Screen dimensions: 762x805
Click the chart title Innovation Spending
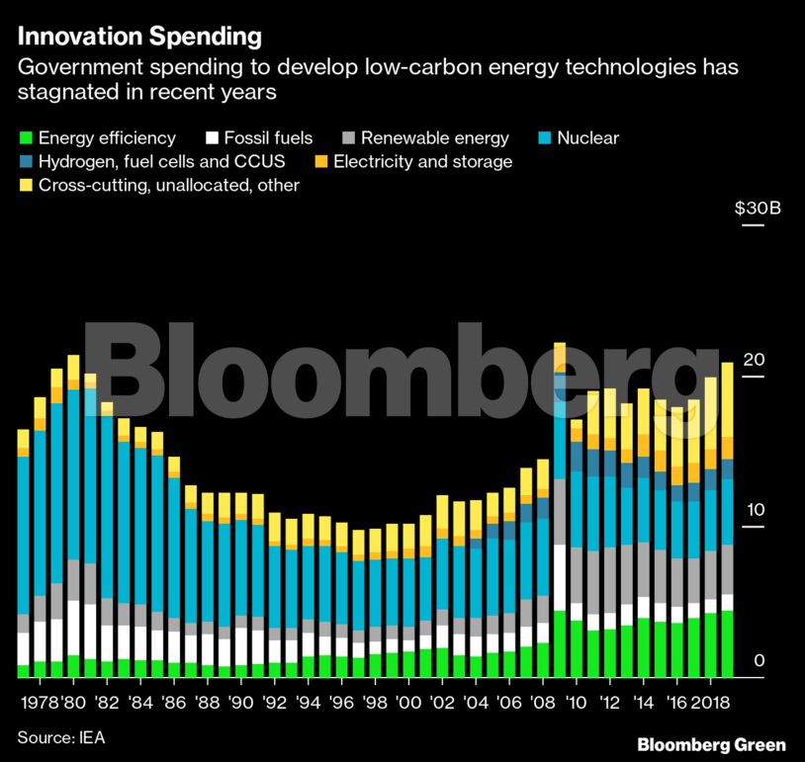tap(139, 37)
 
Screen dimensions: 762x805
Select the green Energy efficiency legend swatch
tap(26, 137)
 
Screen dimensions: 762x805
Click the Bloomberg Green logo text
tap(711, 744)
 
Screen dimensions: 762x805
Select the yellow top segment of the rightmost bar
tap(727, 399)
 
